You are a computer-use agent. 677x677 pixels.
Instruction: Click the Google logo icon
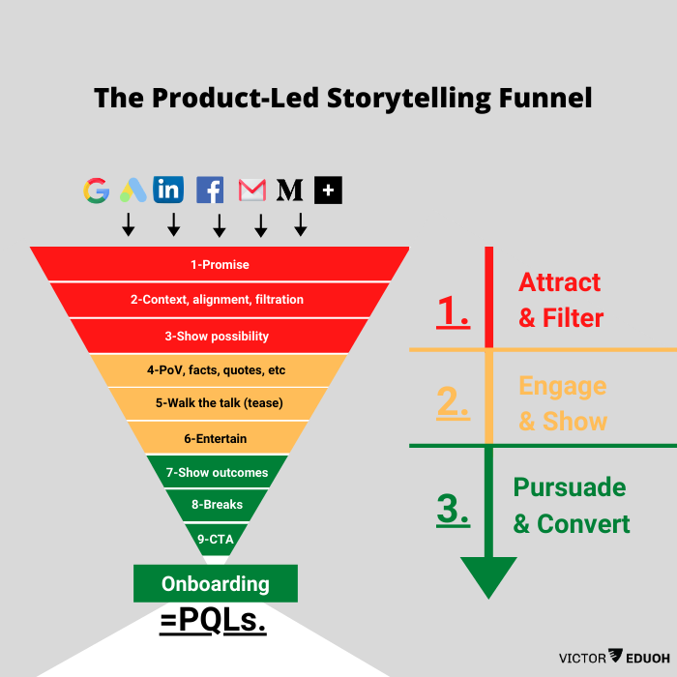pos(96,190)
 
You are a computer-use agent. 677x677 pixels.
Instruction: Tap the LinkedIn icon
pos(168,190)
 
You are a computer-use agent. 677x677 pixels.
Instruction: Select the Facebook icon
pos(210,190)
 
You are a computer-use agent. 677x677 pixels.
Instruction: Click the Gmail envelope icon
pos(252,190)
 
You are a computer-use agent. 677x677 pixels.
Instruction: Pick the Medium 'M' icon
pos(290,190)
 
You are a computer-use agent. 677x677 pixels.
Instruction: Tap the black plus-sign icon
pos(329,190)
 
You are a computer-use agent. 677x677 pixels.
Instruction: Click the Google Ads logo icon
pos(132,190)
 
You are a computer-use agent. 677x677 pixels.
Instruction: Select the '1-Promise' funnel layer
pos(220,264)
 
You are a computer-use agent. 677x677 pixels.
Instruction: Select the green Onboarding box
pos(216,584)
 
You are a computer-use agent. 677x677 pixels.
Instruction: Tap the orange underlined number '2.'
pos(453,402)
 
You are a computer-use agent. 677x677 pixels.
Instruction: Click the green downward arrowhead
pos(489,576)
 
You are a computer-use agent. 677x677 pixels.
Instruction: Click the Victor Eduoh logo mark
pos(616,658)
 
